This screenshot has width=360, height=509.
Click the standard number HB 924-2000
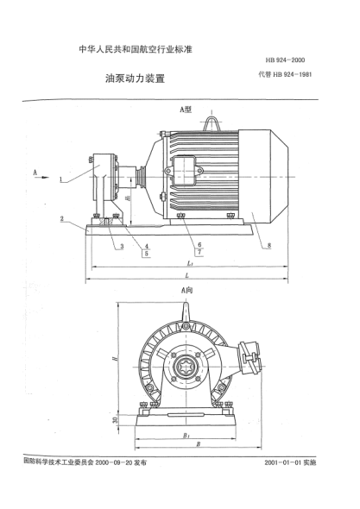pos(292,59)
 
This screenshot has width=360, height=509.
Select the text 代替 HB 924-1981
pos(288,76)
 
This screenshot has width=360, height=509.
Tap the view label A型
pos(184,110)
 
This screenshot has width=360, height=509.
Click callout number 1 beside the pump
pos(62,182)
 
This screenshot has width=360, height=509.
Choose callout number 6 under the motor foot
pos(199,244)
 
